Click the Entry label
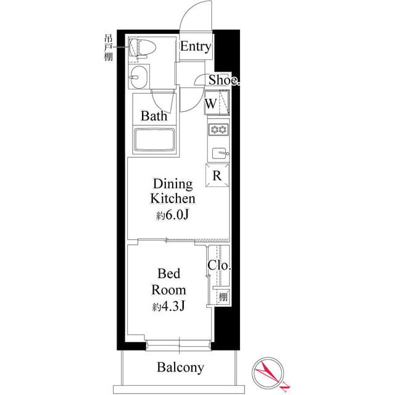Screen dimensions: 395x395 coord(196,47)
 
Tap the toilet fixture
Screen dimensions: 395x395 coord(141,48)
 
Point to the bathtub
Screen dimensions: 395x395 coord(155,141)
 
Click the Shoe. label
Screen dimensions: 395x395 coord(223,80)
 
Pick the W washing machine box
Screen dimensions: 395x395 coord(212,104)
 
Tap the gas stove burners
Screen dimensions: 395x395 coord(218,130)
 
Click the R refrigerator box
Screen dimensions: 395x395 coord(217,175)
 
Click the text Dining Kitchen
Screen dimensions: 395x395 coord(173,191)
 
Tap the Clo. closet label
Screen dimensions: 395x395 coord(219,265)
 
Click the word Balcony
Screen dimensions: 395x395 coord(180,368)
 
